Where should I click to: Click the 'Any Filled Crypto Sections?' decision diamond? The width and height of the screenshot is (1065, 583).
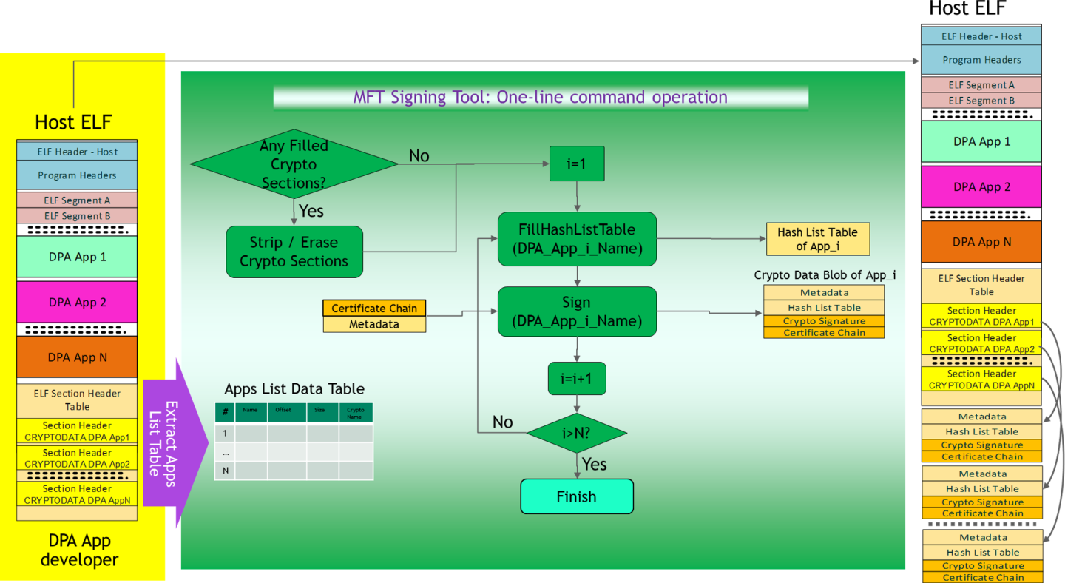[x=294, y=164]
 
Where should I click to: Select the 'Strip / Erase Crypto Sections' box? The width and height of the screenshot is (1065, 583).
[x=294, y=252]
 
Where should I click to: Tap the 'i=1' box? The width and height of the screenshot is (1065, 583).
[x=576, y=164]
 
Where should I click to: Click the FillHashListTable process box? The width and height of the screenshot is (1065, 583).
[x=576, y=239]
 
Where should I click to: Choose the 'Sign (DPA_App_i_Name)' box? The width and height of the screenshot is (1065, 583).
[x=576, y=311]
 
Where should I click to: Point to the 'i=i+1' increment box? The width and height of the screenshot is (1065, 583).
[x=576, y=379]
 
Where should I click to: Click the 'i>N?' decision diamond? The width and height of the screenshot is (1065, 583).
[x=576, y=433]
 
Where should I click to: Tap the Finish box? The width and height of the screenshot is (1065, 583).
[x=576, y=496]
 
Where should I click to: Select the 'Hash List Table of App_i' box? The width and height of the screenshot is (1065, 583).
[x=817, y=239]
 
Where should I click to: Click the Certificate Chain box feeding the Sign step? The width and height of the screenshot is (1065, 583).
[x=374, y=308]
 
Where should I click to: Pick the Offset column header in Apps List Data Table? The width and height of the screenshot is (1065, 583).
[x=283, y=409]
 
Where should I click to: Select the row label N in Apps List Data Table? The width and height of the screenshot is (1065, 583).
[x=225, y=471]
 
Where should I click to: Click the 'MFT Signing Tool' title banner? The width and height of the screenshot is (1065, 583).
[x=540, y=97]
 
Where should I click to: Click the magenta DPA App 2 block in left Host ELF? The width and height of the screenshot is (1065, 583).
[x=77, y=302]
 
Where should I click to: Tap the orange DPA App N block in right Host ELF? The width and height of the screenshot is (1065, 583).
[x=981, y=242]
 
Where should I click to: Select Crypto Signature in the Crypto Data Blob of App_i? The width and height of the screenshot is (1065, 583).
[x=824, y=321]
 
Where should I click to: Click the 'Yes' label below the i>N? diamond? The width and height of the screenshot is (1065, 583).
[x=594, y=464]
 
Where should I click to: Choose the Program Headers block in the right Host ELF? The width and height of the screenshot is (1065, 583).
[x=981, y=60]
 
